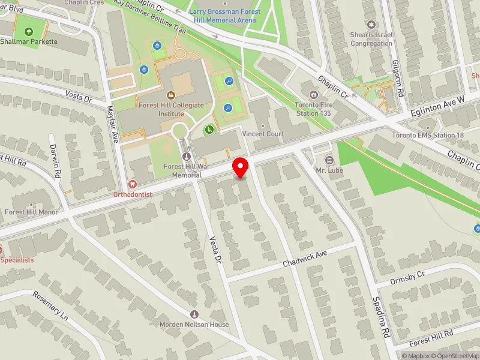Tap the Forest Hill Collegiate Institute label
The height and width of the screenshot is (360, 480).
tap(170, 109)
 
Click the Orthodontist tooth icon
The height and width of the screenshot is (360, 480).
tap(133, 185)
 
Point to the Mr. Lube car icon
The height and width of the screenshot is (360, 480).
tap(329, 160)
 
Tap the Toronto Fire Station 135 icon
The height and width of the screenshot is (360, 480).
tap(312, 94)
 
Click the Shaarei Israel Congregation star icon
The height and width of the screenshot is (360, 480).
tap(371, 24)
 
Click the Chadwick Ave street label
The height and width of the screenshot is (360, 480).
tap(305, 259)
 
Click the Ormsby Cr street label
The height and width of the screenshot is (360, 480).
tap(407, 275)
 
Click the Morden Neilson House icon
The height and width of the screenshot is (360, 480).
tap(194, 314)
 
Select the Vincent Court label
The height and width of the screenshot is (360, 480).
tap(265, 134)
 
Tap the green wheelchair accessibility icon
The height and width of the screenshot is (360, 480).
tap(209, 129)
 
